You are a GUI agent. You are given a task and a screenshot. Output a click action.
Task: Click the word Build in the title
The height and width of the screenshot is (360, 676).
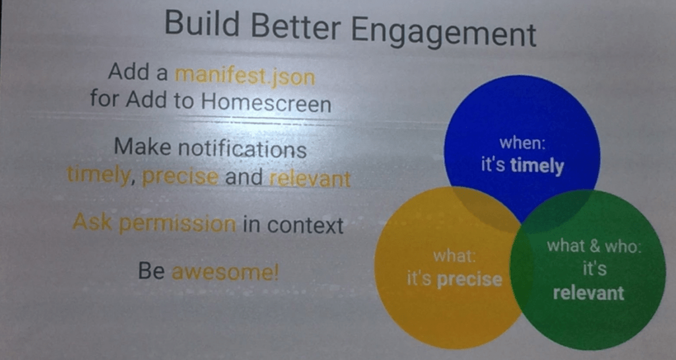[202, 23]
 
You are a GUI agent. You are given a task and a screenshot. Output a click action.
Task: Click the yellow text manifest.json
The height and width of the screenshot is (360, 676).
[245, 77]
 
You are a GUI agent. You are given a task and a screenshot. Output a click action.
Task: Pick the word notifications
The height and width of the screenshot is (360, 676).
[242, 149]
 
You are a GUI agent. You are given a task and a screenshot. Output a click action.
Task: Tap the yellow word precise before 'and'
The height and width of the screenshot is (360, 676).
[180, 177]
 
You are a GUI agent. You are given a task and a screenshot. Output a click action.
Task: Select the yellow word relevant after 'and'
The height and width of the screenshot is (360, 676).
[310, 178]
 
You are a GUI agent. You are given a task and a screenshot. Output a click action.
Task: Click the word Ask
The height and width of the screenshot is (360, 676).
[92, 222]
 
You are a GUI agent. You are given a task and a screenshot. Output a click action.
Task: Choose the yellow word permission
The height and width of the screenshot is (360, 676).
[177, 224]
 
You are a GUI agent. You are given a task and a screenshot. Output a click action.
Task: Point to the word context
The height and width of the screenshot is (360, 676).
[305, 225]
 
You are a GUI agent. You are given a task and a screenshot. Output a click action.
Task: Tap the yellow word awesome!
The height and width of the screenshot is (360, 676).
[225, 272]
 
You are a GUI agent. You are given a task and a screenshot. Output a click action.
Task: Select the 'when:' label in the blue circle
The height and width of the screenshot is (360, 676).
[522, 143]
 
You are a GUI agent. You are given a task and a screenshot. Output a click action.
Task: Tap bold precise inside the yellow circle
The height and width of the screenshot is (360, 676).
[469, 280]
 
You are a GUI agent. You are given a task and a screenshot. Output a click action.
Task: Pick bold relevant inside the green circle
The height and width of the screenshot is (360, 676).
[588, 293]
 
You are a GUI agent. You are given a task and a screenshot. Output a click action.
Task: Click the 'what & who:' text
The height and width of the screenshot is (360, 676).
[594, 246]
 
